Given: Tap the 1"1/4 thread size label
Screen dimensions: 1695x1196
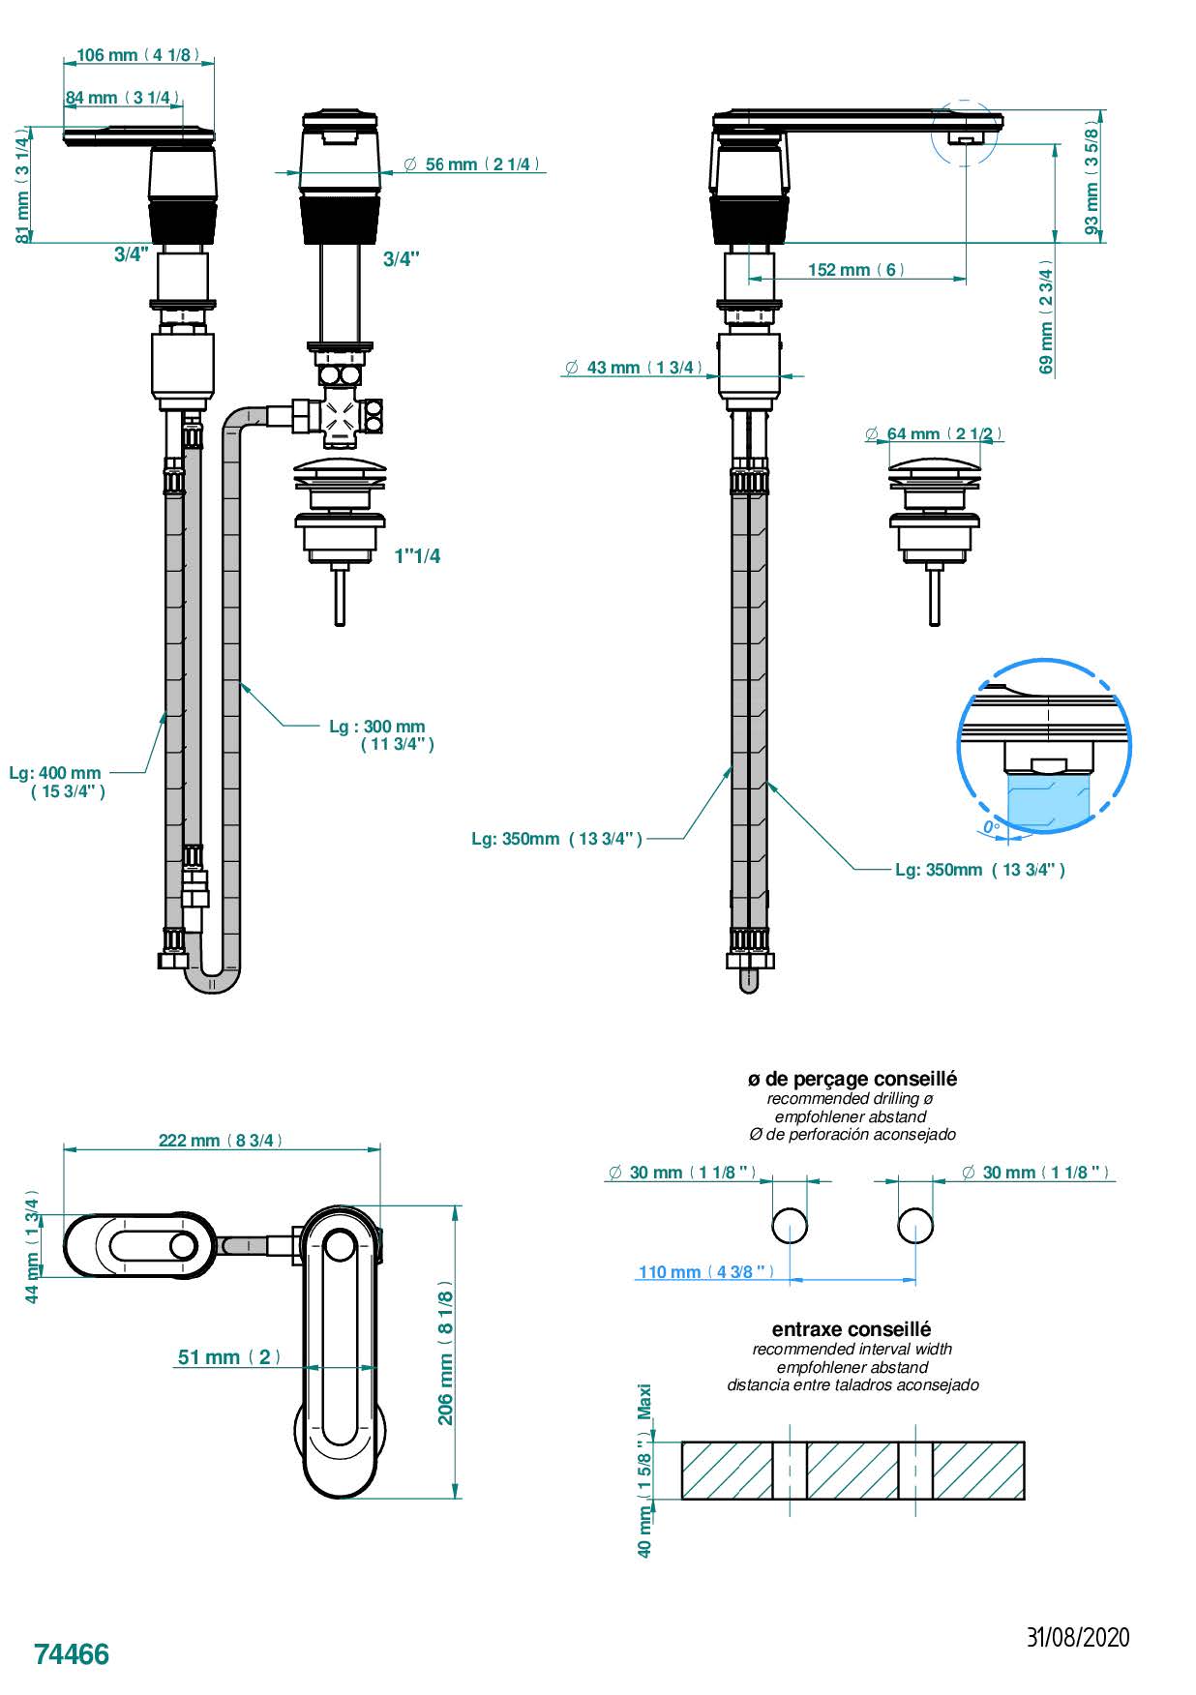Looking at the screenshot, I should point(417,555).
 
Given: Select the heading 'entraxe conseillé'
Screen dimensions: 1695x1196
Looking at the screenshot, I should point(852,1329).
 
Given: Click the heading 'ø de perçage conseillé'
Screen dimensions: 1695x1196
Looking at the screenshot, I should point(852,1079).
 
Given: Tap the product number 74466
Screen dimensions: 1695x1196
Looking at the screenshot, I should point(72,1654).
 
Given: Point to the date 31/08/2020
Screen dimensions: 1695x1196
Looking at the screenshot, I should point(1077,1638).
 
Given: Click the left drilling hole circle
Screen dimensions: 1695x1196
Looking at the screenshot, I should point(790,1226).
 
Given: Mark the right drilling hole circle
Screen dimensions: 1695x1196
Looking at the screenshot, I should point(915,1226).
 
